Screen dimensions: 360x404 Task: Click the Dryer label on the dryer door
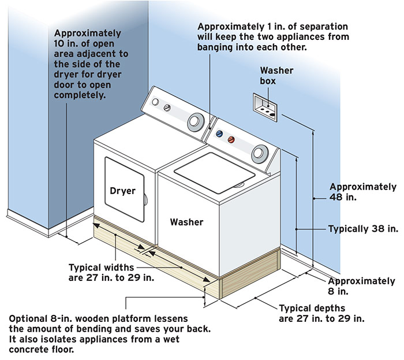(122, 191)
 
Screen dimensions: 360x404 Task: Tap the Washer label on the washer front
(186, 221)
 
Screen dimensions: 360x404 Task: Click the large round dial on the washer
(260, 153)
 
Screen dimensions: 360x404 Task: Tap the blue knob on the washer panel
(219, 133)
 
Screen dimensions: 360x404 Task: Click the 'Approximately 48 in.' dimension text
(362, 192)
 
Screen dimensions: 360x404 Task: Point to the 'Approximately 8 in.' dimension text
(362, 287)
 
